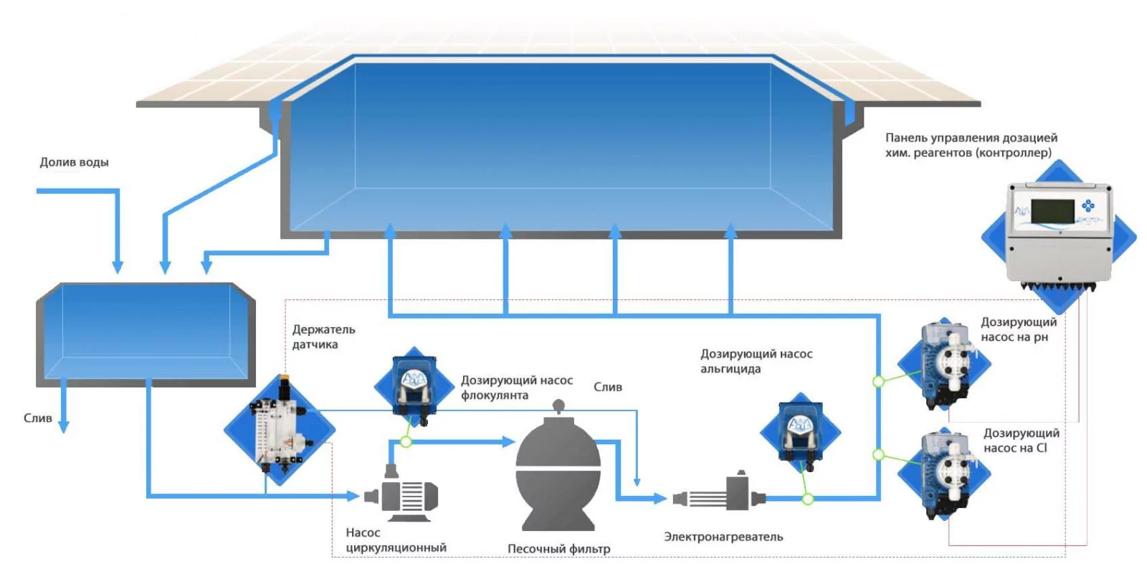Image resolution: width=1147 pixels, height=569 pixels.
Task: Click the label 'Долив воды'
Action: pyautogui.click(x=74, y=162)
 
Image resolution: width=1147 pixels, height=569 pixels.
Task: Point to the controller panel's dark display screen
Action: pyautogui.click(x=1052, y=211)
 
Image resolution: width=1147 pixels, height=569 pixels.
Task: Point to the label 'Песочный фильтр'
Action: pyautogui.click(x=558, y=549)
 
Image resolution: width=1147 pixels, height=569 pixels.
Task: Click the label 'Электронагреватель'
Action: pyautogui.click(x=723, y=537)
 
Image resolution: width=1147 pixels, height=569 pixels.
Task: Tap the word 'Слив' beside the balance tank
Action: pyautogui.click(x=37, y=418)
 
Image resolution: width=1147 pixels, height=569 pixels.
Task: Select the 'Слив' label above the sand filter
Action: pyautogui.click(x=607, y=387)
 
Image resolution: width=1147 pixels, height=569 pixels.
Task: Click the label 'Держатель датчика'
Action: pyautogui.click(x=323, y=337)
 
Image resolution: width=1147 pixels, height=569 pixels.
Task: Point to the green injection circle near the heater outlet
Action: pyautogui.click(x=807, y=499)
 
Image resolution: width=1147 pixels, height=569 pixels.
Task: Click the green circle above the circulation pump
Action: pyautogui.click(x=406, y=441)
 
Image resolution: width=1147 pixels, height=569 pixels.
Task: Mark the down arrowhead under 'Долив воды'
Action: pyautogui.click(x=118, y=267)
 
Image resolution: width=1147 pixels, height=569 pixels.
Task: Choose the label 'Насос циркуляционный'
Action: pyautogui.click(x=396, y=540)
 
